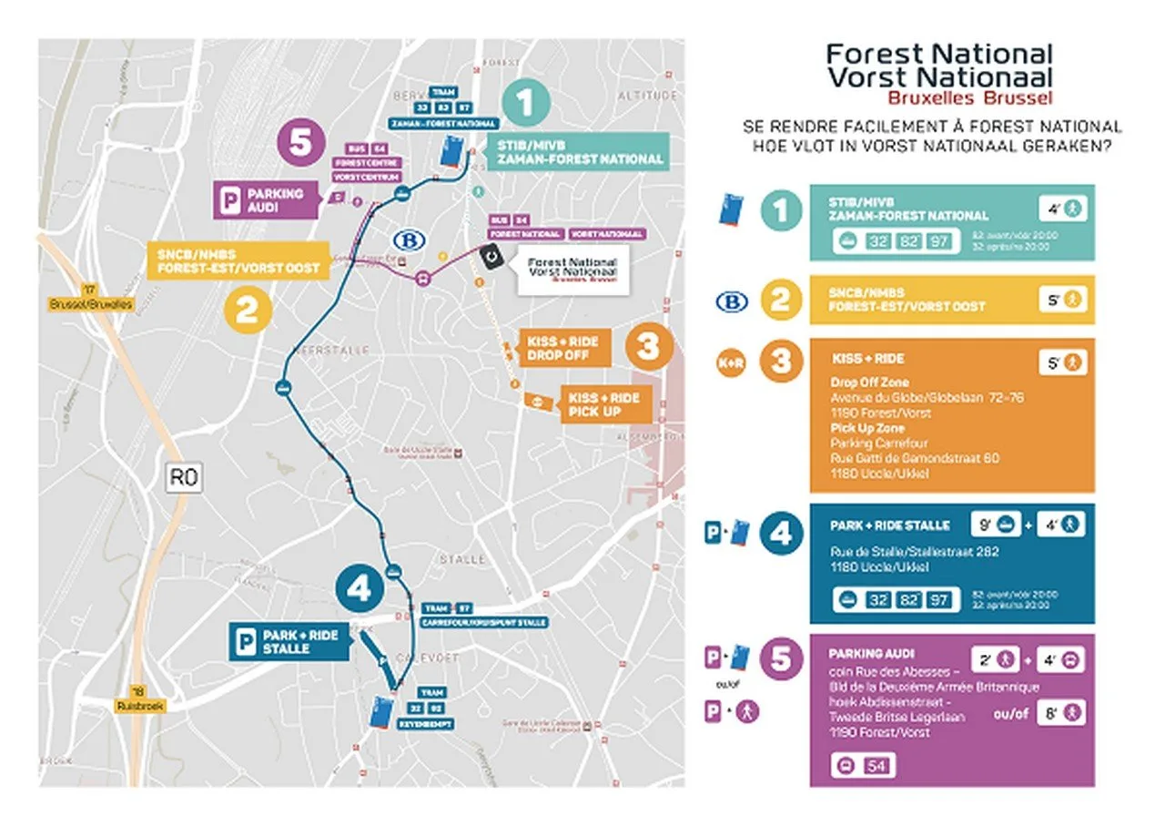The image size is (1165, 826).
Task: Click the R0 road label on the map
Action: [x=184, y=476]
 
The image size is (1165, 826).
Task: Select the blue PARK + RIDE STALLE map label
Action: [x=288, y=641]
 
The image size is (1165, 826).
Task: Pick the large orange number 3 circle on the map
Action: [x=647, y=347]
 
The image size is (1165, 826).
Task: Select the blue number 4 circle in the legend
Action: [x=780, y=534]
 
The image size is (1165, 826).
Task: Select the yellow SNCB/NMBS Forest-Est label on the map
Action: [x=238, y=259]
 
